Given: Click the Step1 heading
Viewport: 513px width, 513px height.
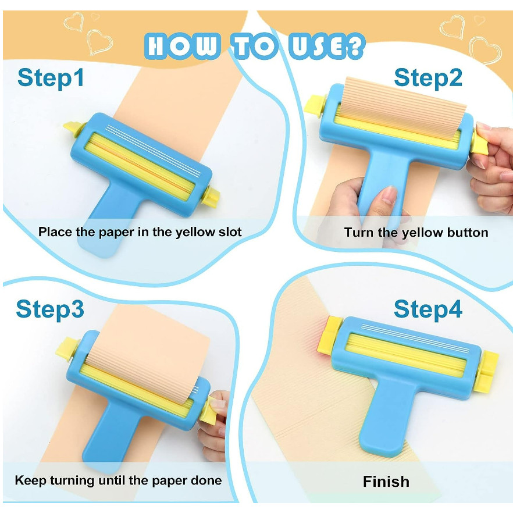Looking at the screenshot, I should (x=51, y=77).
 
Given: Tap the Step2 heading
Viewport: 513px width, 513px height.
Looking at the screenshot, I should (x=428, y=77).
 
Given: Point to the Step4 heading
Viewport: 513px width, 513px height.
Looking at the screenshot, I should (x=428, y=309).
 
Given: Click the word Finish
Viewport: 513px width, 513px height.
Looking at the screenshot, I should (x=386, y=482).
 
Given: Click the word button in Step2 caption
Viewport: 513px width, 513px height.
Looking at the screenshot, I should (x=468, y=233).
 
